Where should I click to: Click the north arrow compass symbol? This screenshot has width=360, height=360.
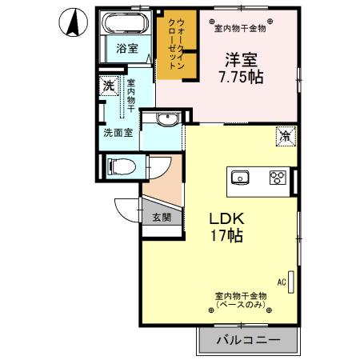pos(73,23)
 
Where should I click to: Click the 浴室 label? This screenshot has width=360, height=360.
pos(126,48)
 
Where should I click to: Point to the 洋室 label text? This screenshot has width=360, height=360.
pos(240,60)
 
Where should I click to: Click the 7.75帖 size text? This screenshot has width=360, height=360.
pos(241,78)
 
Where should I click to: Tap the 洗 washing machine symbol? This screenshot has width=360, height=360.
pos(107,85)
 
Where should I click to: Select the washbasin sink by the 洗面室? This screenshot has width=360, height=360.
pos(166,120)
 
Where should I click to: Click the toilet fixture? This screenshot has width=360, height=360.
pos(120,166)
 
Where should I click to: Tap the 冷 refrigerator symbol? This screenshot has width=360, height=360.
pos(285,137)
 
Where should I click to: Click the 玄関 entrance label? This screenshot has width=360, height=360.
pos(161,217)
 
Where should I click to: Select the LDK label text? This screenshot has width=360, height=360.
pos(226,218)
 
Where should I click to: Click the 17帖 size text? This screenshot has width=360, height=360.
pos(227,236)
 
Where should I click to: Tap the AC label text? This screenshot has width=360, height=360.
pos(282,282)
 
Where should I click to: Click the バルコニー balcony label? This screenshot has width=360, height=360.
pos(249,341)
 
